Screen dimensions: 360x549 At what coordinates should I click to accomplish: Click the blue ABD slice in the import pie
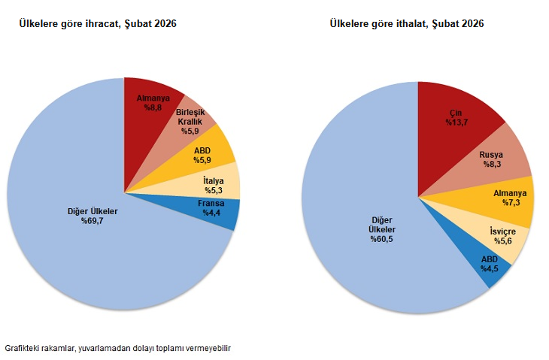[x=490, y=265]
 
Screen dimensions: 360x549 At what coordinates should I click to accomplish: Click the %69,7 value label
[x=92, y=220]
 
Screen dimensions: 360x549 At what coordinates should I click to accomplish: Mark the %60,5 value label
[x=382, y=239]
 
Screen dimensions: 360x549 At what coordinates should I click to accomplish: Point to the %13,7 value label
[x=456, y=122]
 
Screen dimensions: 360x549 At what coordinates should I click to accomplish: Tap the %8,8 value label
[x=155, y=107]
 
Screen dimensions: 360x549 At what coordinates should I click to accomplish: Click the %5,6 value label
[x=502, y=241]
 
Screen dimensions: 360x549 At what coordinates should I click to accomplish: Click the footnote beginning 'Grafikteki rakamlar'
[x=117, y=349]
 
